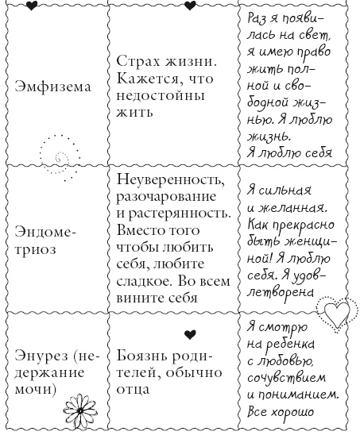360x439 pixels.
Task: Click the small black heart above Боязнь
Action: pos(188,333)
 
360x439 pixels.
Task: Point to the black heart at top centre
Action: pos(190,6)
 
